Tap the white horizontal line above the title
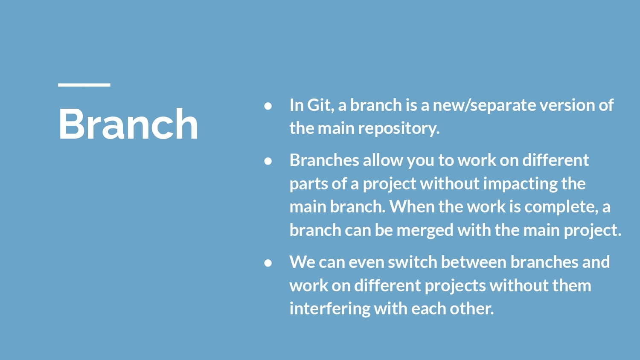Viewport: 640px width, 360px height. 84,85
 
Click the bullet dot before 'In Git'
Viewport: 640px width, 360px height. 268,106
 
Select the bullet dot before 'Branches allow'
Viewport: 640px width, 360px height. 268,161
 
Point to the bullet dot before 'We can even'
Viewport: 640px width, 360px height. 268,263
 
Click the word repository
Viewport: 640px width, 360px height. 399,128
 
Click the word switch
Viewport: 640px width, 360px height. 412,262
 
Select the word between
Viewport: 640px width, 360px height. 474,262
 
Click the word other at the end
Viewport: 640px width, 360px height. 472,308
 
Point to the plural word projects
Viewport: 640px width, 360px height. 455,286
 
